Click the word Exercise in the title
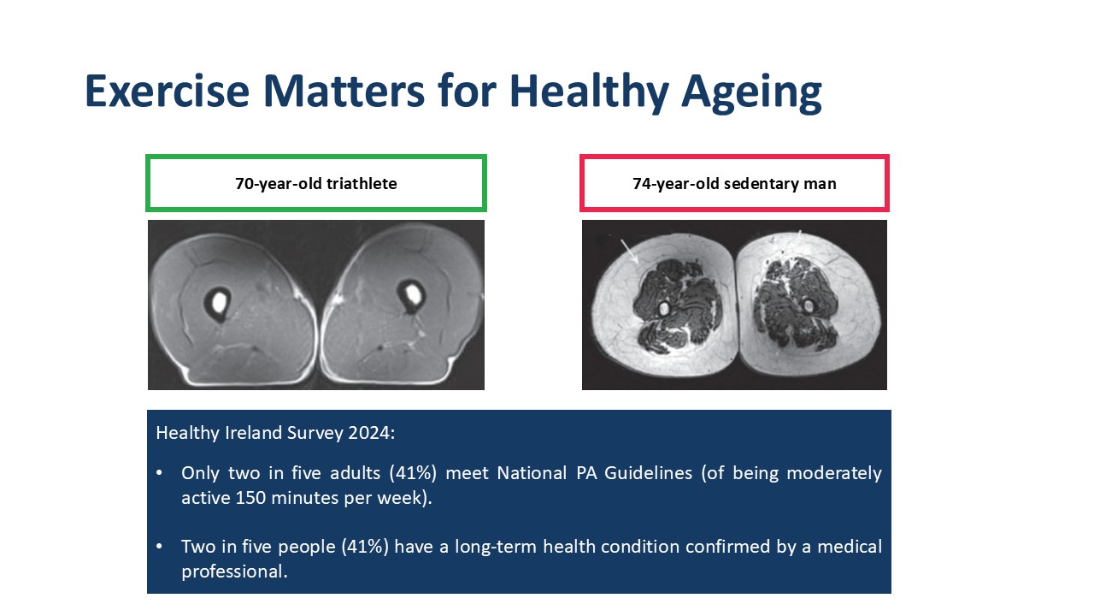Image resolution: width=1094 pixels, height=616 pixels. point(167,91)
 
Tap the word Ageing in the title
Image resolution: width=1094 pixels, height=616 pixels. point(751,93)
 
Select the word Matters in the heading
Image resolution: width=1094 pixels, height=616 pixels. point(344,91)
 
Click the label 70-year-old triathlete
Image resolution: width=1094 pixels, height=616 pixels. point(316,184)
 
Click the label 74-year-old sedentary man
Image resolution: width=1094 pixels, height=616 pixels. point(734,184)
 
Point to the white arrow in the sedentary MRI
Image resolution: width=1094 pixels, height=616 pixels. point(630,252)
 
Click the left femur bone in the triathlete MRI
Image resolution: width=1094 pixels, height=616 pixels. point(218,303)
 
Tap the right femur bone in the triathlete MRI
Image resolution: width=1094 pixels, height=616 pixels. point(412,295)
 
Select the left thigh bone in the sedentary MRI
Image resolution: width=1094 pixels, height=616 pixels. point(664,309)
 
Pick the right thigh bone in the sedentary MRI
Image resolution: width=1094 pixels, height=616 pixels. point(809,306)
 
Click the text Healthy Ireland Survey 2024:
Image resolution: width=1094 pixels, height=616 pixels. point(275,433)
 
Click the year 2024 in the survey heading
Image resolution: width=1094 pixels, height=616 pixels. point(371,433)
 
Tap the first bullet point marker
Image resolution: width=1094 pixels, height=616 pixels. point(159,473)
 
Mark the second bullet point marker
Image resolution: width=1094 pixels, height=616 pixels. point(159,546)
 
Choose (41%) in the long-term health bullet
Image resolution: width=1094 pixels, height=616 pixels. point(365,547)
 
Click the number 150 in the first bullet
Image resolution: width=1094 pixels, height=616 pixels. point(250,498)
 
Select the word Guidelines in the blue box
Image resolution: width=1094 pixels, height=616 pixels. point(648,473)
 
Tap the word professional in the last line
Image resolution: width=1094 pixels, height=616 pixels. point(234,572)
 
